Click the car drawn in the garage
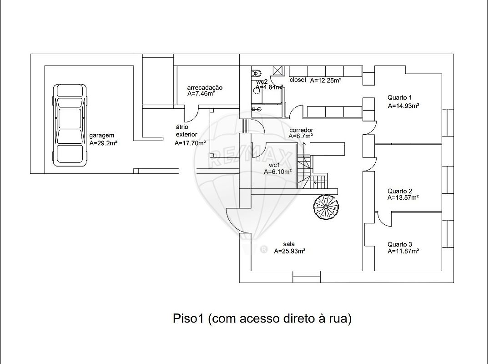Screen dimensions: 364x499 pyautogui.click(x=70, y=125)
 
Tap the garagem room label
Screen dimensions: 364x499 pyautogui.click(x=101, y=136)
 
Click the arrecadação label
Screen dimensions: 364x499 pyautogui.click(x=205, y=87)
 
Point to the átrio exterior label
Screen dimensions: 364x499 pyautogui.click(x=186, y=131)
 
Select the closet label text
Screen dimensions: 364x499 pyautogui.click(x=298, y=80)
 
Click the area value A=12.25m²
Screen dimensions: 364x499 pyautogui.click(x=326, y=80)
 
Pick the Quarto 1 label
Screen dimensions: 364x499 pyautogui.click(x=399, y=97)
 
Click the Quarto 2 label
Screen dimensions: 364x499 pyautogui.click(x=399, y=191)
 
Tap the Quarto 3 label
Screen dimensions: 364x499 pyautogui.click(x=399, y=244)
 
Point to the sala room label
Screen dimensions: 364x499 pyautogui.click(x=288, y=244)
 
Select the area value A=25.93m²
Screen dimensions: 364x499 pyautogui.click(x=289, y=251)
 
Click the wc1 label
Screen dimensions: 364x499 pyautogui.click(x=274, y=165)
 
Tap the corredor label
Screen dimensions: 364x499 pyautogui.click(x=301, y=130)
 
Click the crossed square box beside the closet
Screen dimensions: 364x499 pyautogui.click(x=277, y=71)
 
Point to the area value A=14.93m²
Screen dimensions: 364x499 pyautogui.click(x=403, y=106)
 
